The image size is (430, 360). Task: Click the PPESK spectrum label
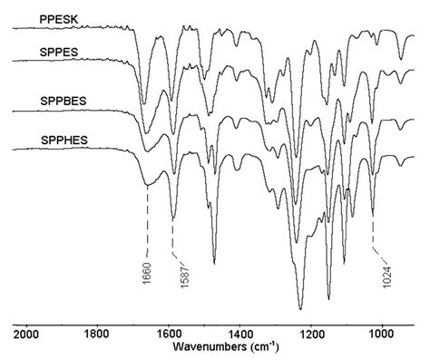coord(57,17)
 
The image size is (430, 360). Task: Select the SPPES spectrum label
coord(57,48)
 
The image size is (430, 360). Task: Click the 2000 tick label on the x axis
coord(26,332)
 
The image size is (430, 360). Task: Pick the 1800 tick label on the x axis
coord(97,332)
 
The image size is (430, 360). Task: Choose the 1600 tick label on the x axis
coord(169,332)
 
